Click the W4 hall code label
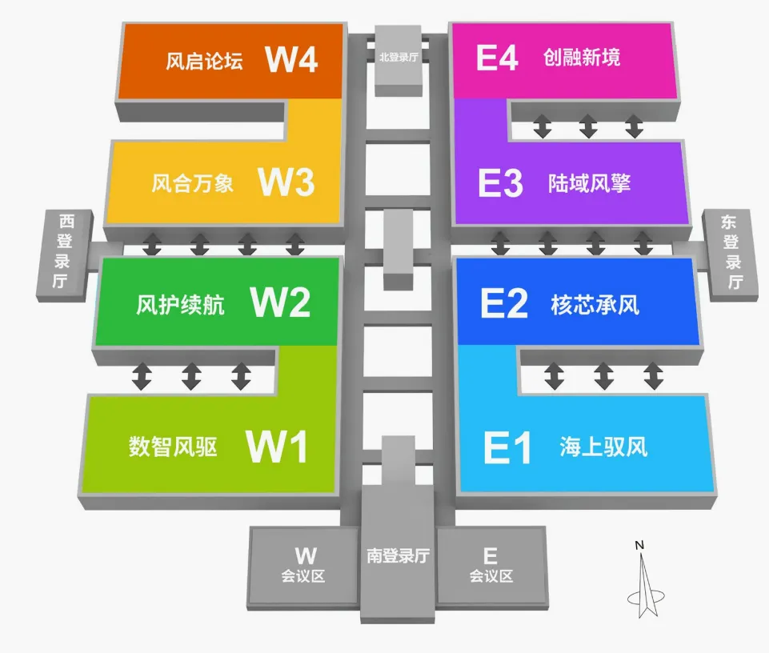[292, 59]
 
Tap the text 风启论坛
[204, 61]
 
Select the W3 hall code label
[286, 182]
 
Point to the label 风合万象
[193, 183]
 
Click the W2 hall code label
[280, 302]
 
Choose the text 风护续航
[180, 305]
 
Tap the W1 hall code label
[277, 447]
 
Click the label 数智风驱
[173, 446]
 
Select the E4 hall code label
[497, 58]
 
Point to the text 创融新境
[582, 58]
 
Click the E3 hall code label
[500, 183]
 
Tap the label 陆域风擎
[590, 183]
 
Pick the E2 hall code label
[504, 304]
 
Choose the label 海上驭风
[603, 447]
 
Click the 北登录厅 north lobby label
[399, 57]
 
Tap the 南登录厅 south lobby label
[399, 555]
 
